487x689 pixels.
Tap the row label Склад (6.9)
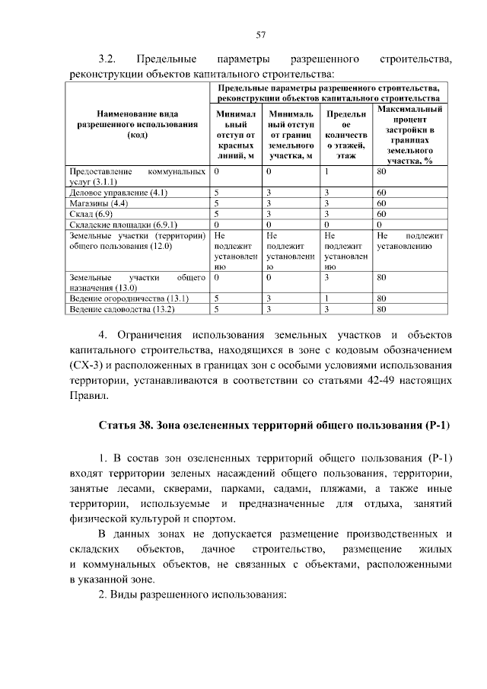(87, 215)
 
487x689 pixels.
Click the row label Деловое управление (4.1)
(107, 193)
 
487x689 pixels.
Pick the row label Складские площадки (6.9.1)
(112, 225)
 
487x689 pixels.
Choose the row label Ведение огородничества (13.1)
(118, 299)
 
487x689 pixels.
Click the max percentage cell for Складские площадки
(380, 225)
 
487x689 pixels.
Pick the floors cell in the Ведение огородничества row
(326, 299)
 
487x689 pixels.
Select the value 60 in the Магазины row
(382, 204)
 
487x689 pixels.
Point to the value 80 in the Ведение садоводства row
(382, 310)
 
